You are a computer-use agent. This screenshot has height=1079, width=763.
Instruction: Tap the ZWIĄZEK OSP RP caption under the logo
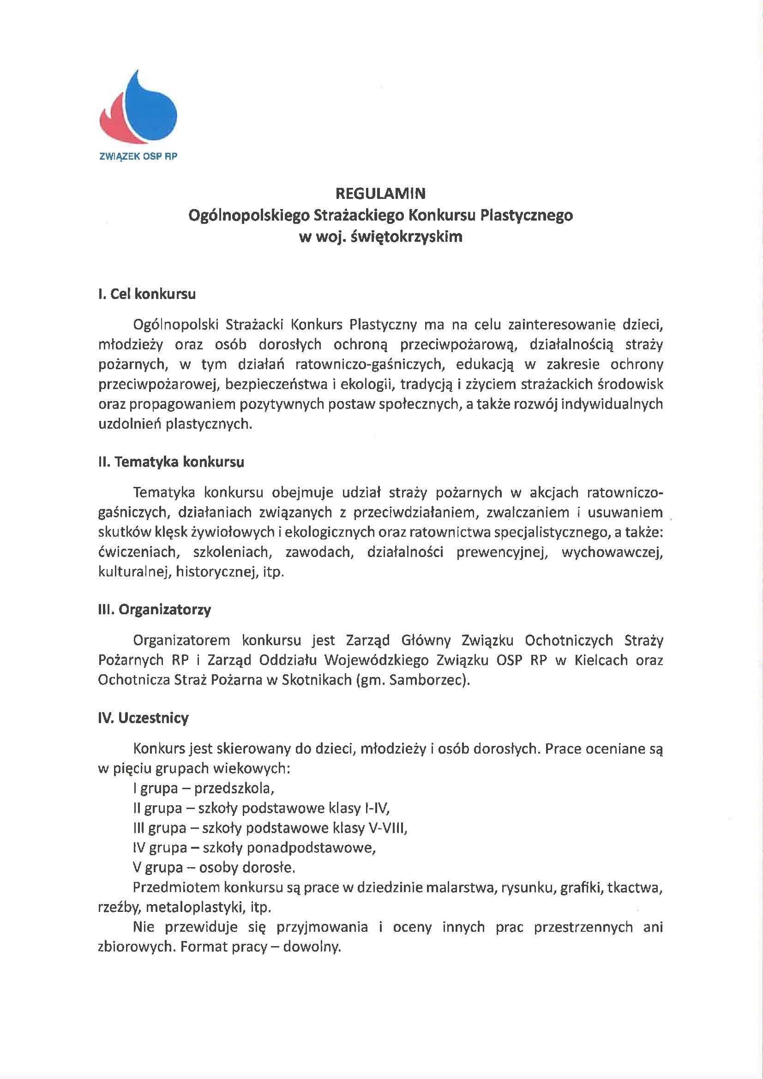138,156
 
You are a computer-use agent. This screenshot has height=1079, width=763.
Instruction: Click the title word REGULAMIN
380,194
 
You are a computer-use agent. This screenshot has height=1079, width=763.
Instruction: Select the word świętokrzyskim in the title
407,236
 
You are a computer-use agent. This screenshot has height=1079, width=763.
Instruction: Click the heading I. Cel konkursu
147,294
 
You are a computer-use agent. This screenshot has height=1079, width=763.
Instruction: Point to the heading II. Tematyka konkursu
171,462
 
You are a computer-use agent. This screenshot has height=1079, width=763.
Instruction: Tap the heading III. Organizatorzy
155,610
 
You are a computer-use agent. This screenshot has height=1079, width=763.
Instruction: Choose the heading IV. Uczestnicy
144,718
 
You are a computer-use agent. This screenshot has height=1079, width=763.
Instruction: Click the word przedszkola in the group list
234,788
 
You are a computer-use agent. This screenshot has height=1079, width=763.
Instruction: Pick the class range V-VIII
387,828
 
